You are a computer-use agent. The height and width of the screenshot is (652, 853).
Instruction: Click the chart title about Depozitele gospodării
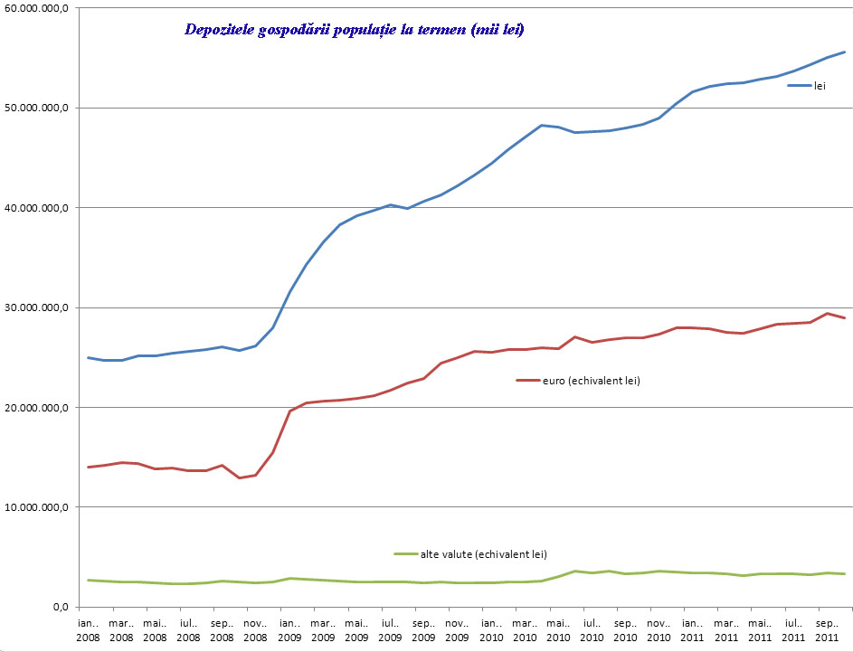click(x=354, y=30)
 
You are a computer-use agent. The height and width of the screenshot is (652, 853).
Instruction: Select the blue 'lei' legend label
click(x=820, y=87)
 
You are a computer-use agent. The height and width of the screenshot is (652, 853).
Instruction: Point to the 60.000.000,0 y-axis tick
click(x=40, y=8)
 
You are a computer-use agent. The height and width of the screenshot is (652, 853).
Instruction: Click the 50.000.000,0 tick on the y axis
click(x=40, y=109)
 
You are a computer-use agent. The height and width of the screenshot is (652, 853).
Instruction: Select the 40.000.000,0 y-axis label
click(x=40, y=208)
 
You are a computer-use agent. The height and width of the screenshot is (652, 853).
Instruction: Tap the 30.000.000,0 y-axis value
click(x=40, y=308)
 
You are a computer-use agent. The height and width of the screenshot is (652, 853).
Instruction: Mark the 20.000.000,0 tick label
click(x=40, y=408)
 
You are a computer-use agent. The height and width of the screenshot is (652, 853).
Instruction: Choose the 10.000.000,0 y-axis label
click(x=40, y=507)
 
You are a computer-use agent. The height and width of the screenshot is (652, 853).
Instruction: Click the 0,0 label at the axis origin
click(x=62, y=607)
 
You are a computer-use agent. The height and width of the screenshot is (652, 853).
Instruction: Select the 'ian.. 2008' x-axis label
click(x=89, y=629)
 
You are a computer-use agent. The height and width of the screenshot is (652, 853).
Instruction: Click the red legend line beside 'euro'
click(x=527, y=381)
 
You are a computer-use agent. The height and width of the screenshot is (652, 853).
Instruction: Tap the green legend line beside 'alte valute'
click(x=404, y=553)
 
